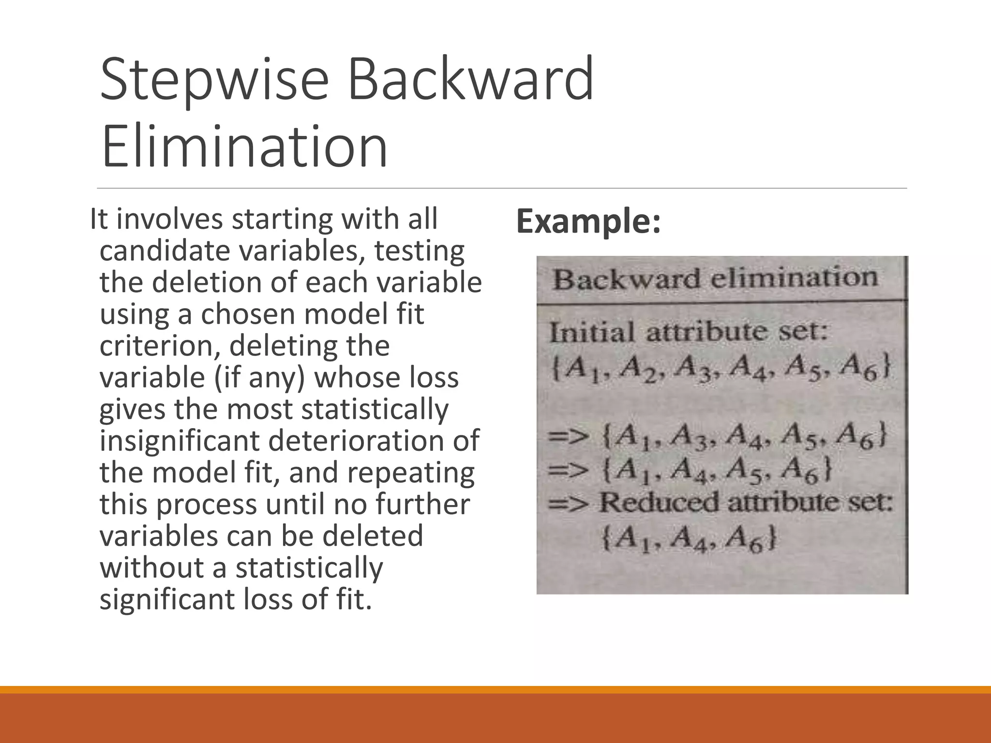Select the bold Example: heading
tap(588, 221)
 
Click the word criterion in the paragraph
tap(159, 346)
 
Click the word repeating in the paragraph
tap(411, 473)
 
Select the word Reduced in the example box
tap(659, 503)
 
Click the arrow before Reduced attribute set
tap(569, 504)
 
